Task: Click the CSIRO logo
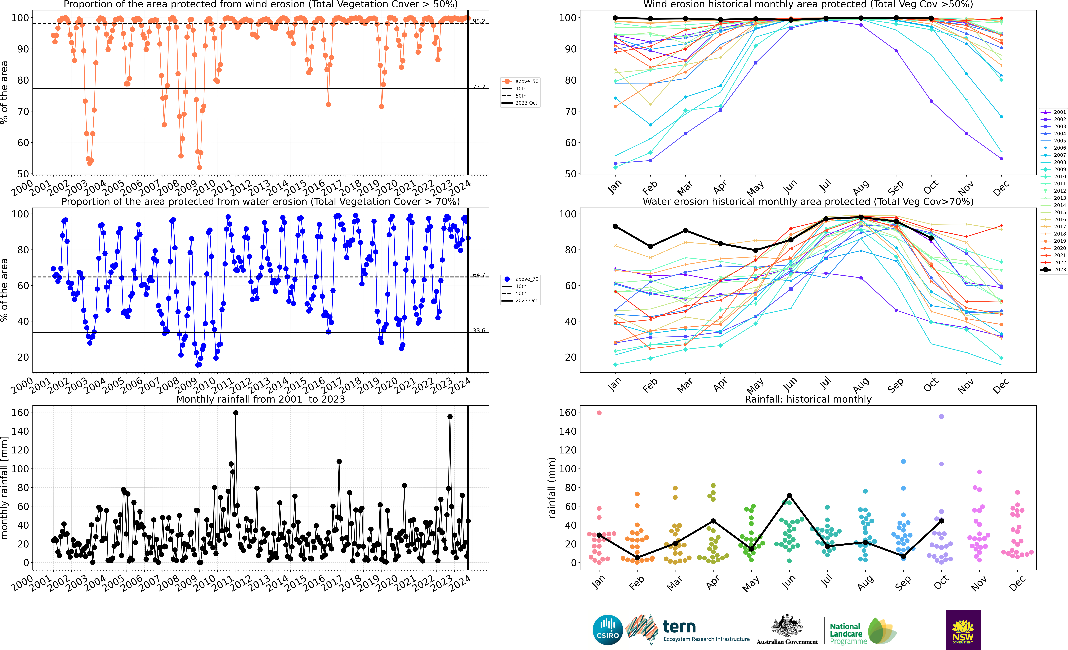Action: pos(608,630)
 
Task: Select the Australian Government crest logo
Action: pos(787,626)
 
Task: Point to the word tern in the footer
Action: pos(679,627)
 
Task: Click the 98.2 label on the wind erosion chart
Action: pos(479,21)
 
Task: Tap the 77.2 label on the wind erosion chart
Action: pos(479,87)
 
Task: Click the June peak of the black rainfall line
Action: pos(789,495)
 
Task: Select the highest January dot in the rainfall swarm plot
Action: pos(599,413)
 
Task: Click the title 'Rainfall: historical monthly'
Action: pos(808,399)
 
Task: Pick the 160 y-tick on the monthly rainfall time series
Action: pos(20,413)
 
